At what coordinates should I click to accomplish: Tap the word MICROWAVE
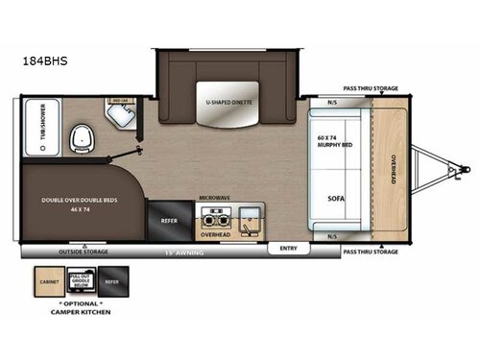click(x=214, y=197)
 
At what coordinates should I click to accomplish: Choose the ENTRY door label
click(x=287, y=247)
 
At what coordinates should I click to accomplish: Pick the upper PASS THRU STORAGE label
click(x=372, y=87)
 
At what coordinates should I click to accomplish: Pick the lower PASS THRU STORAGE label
click(x=371, y=252)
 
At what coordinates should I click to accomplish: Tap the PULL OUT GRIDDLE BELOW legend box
click(x=82, y=283)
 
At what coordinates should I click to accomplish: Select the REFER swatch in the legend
click(x=113, y=283)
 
